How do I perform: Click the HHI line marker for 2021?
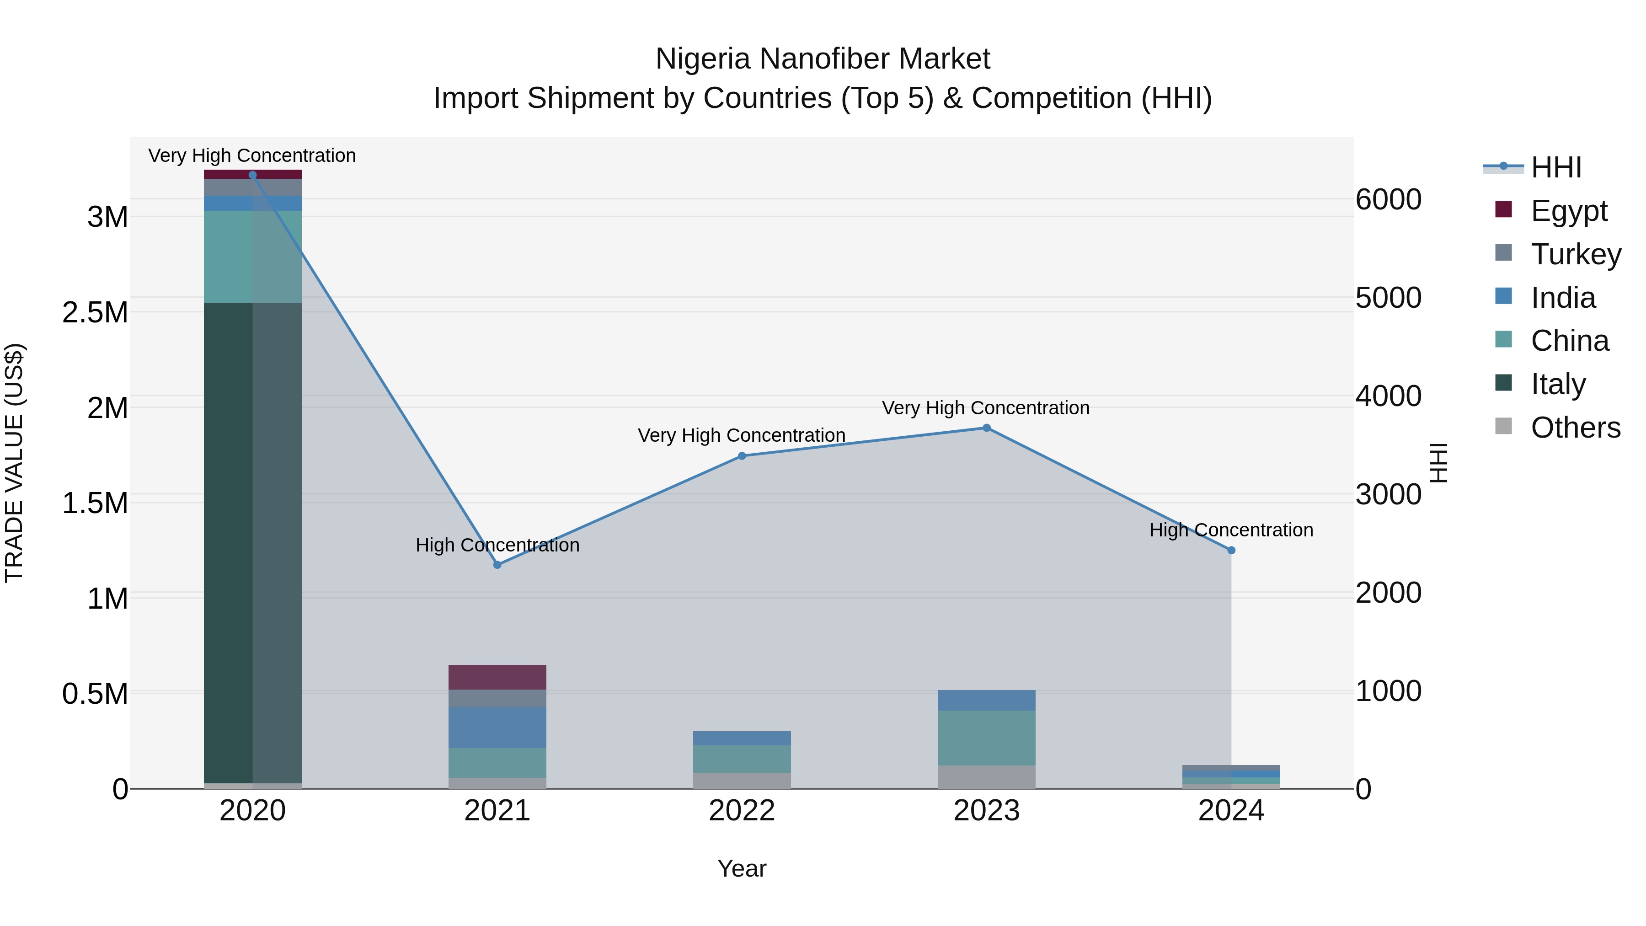pyautogui.click(x=497, y=564)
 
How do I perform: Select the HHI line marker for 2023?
pyautogui.click(x=987, y=428)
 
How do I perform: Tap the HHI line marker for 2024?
pyautogui.click(x=1231, y=550)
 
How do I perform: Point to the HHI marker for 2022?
pyautogui.click(x=742, y=455)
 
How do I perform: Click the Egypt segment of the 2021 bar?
pyautogui.click(x=497, y=677)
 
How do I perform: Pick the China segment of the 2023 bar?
pyautogui.click(x=987, y=738)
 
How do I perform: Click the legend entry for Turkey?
pyautogui.click(x=1575, y=254)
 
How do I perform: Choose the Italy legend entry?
pyautogui.click(x=1558, y=384)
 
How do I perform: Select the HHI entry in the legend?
pyautogui.click(x=1555, y=167)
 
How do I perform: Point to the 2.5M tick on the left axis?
pyautogui.click(x=95, y=312)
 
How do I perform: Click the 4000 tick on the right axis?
pyautogui.click(x=1389, y=396)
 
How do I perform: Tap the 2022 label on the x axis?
pyautogui.click(x=742, y=811)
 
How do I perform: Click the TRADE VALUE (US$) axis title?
pyautogui.click(x=15, y=463)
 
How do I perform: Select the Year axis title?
pyautogui.click(x=742, y=868)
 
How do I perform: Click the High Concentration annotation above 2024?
pyautogui.click(x=1231, y=530)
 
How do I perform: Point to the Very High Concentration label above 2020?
pyautogui.click(x=252, y=155)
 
